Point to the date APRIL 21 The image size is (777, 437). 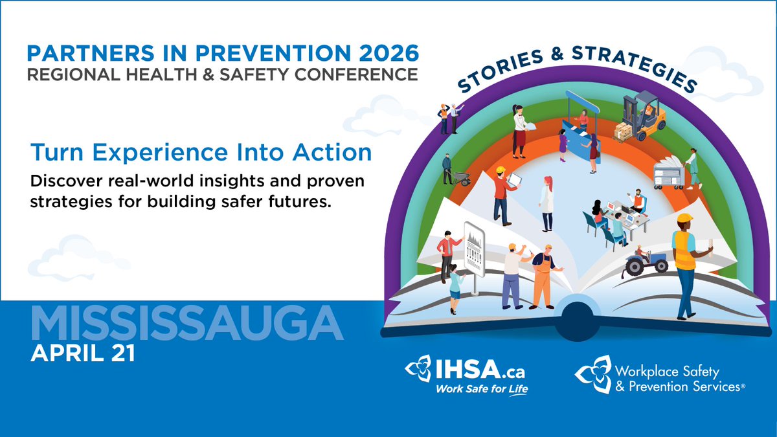(x=80, y=355)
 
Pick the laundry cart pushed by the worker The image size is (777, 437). (x=667, y=173)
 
